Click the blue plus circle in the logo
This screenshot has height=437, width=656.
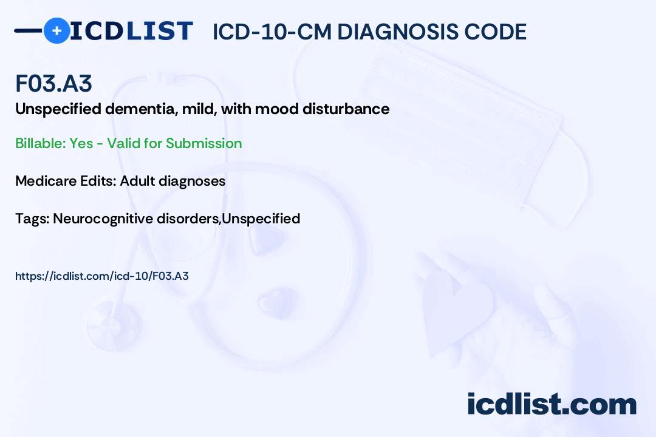click(57, 30)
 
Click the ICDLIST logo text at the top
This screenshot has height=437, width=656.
click(131, 30)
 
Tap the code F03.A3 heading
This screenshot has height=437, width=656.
click(53, 84)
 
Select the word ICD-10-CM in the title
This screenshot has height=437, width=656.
click(272, 32)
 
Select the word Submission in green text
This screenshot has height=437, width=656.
click(203, 143)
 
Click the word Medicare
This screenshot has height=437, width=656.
click(43, 181)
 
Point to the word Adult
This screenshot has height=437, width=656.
click(138, 181)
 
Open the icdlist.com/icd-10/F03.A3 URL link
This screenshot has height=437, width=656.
click(102, 276)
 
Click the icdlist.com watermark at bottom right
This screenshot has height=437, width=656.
click(552, 404)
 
